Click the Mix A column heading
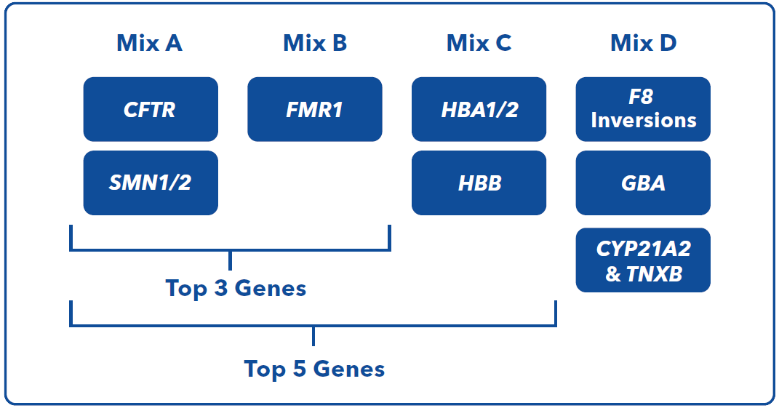(150, 43)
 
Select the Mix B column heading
(315, 43)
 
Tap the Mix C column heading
(479, 43)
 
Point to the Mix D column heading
(644, 43)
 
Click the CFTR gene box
(151, 109)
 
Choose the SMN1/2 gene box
(151, 183)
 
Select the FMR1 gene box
(315, 109)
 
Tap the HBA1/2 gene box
(479, 109)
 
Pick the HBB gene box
(479, 183)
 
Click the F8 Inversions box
(644, 109)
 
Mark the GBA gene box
(644, 183)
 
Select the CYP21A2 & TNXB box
(644, 260)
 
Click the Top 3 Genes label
(236, 289)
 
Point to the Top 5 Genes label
(314, 369)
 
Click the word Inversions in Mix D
(644, 121)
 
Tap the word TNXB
(655, 274)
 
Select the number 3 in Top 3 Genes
(220, 288)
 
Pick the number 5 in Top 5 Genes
(299, 369)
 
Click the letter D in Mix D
(668, 43)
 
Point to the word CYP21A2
(644, 249)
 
